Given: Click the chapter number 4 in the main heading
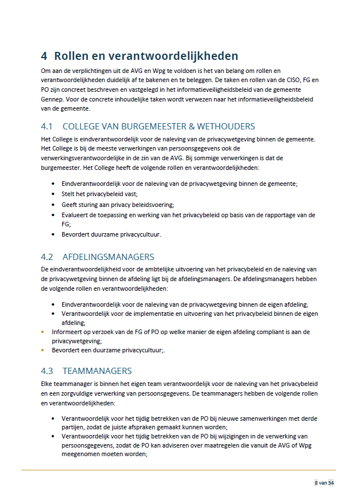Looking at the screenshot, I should pyautogui.click(x=44, y=56).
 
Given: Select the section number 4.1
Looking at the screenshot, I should pyautogui.click(x=47, y=126).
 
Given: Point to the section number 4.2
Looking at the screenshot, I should pyautogui.click(x=47, y=257).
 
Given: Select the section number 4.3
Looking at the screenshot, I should pyautogui.click(x=47, y=371).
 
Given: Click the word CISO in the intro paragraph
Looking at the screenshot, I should pyautogui.click(x=291, y=81).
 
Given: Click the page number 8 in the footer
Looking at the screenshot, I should pyautogui.click(x=316, y=483).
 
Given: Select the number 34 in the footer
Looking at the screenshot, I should pyautogui.click(x=330, y=483).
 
